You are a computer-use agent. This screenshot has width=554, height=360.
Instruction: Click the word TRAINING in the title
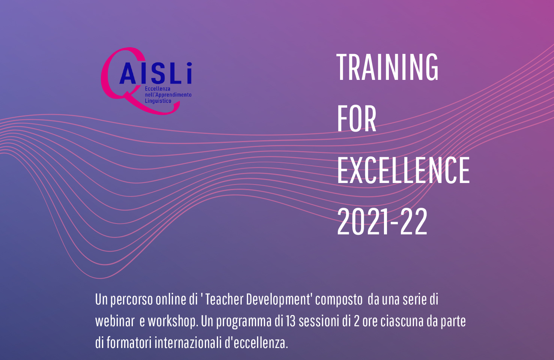tap(387, 67)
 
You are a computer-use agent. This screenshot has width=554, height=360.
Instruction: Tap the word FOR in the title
tap(357, 118)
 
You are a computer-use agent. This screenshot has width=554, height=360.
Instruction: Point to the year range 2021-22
tap(382, 221)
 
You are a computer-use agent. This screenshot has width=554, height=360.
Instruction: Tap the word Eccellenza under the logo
tap(158, 88)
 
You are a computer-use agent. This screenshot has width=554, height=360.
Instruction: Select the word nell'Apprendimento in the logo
tap(168, 94)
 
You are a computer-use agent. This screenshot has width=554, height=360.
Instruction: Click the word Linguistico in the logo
tap(158, 101)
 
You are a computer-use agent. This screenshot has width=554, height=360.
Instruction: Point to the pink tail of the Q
tap(154, 106)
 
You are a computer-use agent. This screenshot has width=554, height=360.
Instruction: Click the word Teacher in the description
tap(224, 300)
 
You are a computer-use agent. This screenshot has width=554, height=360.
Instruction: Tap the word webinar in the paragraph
tap(115, 321)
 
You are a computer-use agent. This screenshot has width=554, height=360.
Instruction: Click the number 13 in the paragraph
tap(291, 321)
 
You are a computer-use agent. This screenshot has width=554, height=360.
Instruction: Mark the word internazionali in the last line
tap(188, 343)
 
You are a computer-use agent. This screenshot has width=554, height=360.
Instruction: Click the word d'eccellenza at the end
tap(256, 343)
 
